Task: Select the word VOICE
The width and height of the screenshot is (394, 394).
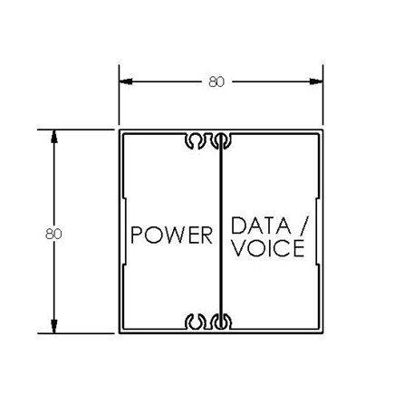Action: tap(266, 247)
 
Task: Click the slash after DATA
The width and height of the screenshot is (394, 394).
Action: tap(304, 226)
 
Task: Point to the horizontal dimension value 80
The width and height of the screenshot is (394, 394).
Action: tap(216, 82)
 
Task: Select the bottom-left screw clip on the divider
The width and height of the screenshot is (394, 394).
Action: tap(195, 321)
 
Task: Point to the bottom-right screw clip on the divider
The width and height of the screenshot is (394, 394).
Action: tap(221, 321)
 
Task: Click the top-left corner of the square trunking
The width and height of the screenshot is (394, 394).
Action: tap(120, 130)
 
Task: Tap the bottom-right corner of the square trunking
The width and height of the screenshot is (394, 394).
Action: tap(322, 332)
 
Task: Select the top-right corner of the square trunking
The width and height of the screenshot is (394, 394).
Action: tap(322, 130)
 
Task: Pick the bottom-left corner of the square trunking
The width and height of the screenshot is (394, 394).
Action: tap(120, 332)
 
